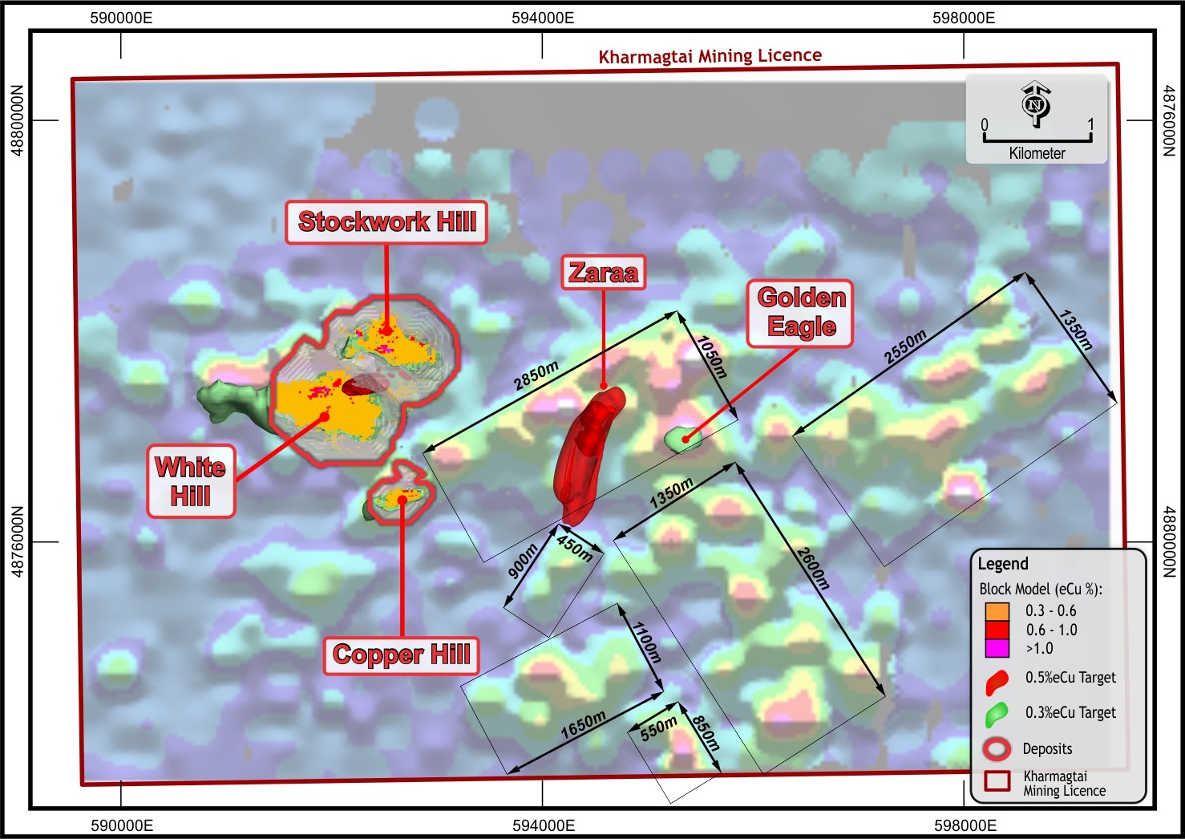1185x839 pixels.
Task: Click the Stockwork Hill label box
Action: [386, 222]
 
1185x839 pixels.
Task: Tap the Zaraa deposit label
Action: [603, 273]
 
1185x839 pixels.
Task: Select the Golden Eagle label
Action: [801, 313]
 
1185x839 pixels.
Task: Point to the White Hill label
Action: [191, 481]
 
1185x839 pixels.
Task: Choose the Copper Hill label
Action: [401, 655]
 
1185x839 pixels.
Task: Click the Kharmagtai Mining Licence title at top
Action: [710, 56]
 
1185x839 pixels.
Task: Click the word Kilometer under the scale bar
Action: [1037, 153]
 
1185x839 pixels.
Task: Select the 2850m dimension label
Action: [536, 376]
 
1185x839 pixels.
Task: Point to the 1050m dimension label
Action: [711, 356]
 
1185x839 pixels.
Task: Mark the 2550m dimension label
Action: [905, 347]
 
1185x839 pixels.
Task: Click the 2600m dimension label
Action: [811, 568]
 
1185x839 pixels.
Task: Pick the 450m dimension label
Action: [575, 549]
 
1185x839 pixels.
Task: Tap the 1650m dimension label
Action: [583, 724]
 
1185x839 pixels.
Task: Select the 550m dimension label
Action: [658, 728]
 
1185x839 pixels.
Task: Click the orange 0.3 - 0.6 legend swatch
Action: [997, 611]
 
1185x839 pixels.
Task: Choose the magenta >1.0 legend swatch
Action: [997, 648]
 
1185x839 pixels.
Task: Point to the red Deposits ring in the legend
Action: [997, 749]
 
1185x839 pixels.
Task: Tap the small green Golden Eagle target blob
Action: [683, 438]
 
